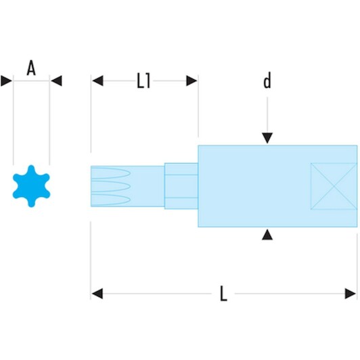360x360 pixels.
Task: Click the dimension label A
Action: pyautogui.click(x=31, y=68)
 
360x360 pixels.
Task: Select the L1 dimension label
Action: pyautogui.click(x=143, y=81)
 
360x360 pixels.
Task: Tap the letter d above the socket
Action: pyautogui.click(x=267, y=81)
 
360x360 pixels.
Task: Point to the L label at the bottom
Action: pyautogui.click(x=223, y=294)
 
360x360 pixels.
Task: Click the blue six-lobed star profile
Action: pyautogui.click(x=31, y=186)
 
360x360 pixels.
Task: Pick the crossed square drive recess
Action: pyautogui.click(x=334, y=186)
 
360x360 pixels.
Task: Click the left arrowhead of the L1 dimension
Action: pyautogui.click(x=97, y=81)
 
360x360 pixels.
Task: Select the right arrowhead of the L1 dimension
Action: pyautogui.click(x=192, y=81)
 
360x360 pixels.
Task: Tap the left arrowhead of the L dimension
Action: pyautogui.click(x=97, y=294)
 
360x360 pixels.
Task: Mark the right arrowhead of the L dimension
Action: pyautogui.click(x=351, y=294)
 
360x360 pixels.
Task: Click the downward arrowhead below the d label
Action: pyautogui.click(x=267, y=138)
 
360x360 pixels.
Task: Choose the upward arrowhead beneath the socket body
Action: pyautogui.click(x=267, y=235)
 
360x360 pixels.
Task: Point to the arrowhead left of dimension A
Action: pyautogui.click(x=7, y=81)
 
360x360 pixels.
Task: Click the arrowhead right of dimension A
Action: pyautogui.click(x=56, y=81)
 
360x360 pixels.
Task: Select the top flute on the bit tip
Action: pyautogui.click(x=111, y=173)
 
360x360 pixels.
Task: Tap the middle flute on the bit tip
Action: pyautogui.click(x=111, y=186)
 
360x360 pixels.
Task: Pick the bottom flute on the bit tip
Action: pyautogui.click(x=111, y=200)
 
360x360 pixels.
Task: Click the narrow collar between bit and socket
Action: pyautogui.click(x=181, y=186)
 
